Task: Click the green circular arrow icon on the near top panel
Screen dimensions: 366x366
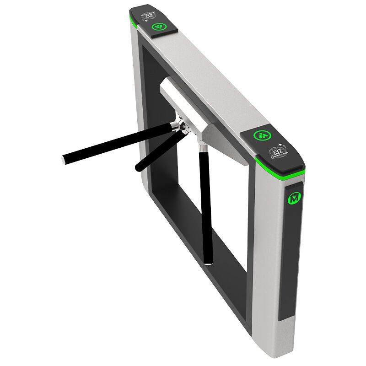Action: [264, 135]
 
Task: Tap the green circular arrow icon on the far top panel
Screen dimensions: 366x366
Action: [159, 27]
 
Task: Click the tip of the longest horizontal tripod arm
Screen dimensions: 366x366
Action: [65, 160]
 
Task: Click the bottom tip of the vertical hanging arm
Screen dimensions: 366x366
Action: [208, 262]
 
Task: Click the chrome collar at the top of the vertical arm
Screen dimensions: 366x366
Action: [201, 145]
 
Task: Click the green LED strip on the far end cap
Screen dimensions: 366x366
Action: [134, 21]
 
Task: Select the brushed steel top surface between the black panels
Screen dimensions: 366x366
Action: [206, 78]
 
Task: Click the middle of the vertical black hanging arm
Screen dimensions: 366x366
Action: [205, 206]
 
